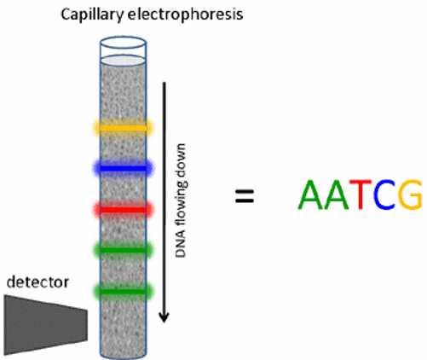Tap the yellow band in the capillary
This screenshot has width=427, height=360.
point(123,128)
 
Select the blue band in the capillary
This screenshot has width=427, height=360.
point(123,169)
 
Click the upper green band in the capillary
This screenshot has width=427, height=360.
point(123,249)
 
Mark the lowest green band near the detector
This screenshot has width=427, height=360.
point(123,292)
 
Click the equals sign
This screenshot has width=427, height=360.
point(245,196)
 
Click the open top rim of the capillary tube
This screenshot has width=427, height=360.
point(123,40)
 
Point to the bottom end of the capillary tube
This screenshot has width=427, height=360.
point(123,353)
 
